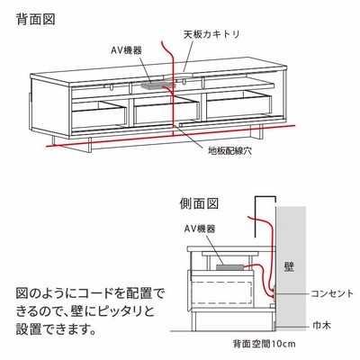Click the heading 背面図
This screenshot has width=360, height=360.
tap(36, 19)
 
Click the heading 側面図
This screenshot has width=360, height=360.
tap(199, 204)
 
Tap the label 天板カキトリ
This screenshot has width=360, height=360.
tap(211, 34)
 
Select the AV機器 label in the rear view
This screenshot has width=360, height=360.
tap(126, 50)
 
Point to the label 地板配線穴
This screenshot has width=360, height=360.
tap(230, 151)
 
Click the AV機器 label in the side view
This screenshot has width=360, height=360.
tap(200, 229)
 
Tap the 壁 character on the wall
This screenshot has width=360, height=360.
tap(289, 266)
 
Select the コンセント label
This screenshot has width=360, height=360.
tap(332, 293)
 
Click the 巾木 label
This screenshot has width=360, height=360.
tap(321, 325)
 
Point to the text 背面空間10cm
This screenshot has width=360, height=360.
tap(264, 343)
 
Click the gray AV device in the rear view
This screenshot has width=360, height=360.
tap(157, 86)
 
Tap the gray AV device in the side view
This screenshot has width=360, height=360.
tap(229, 267)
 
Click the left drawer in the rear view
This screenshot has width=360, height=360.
tap(99, 114)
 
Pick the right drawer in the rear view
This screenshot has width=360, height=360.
tap(239, 103)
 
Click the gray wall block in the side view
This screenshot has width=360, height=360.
tap(291, 268)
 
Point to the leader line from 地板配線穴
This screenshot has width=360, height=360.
tap(192, 136)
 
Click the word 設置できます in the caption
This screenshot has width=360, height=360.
tap(56, 329)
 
